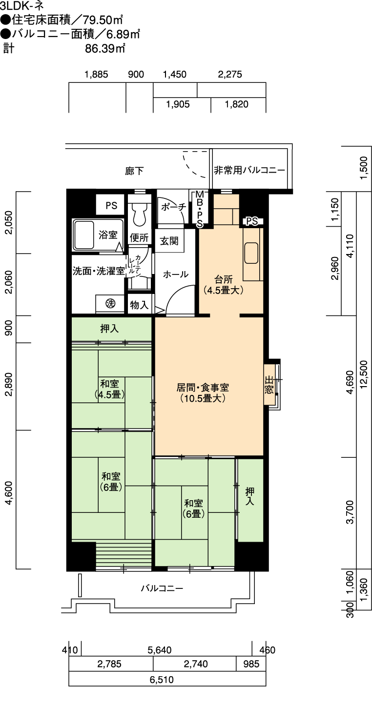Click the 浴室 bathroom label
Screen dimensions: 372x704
point(108,235)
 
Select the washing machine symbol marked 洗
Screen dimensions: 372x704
point(110,304)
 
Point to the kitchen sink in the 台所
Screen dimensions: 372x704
point(251,254)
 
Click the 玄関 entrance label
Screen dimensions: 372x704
point(169,241)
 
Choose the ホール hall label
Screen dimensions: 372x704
point(176,274)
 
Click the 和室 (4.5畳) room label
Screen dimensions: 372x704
point(109,389)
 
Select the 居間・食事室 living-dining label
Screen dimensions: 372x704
point(203,393)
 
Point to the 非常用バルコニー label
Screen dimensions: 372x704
point(249,170)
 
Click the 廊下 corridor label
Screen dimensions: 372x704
point(134,171)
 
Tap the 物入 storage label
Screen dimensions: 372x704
point(139,304)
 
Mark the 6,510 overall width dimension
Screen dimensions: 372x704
point(162,680)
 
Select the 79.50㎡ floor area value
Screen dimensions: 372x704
point(103,20)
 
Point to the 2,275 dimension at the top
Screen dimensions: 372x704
point(230,75)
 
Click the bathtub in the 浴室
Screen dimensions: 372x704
point(83,235)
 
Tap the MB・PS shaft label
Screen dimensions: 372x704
point(200,209)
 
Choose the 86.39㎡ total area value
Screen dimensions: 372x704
point(105,48)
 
